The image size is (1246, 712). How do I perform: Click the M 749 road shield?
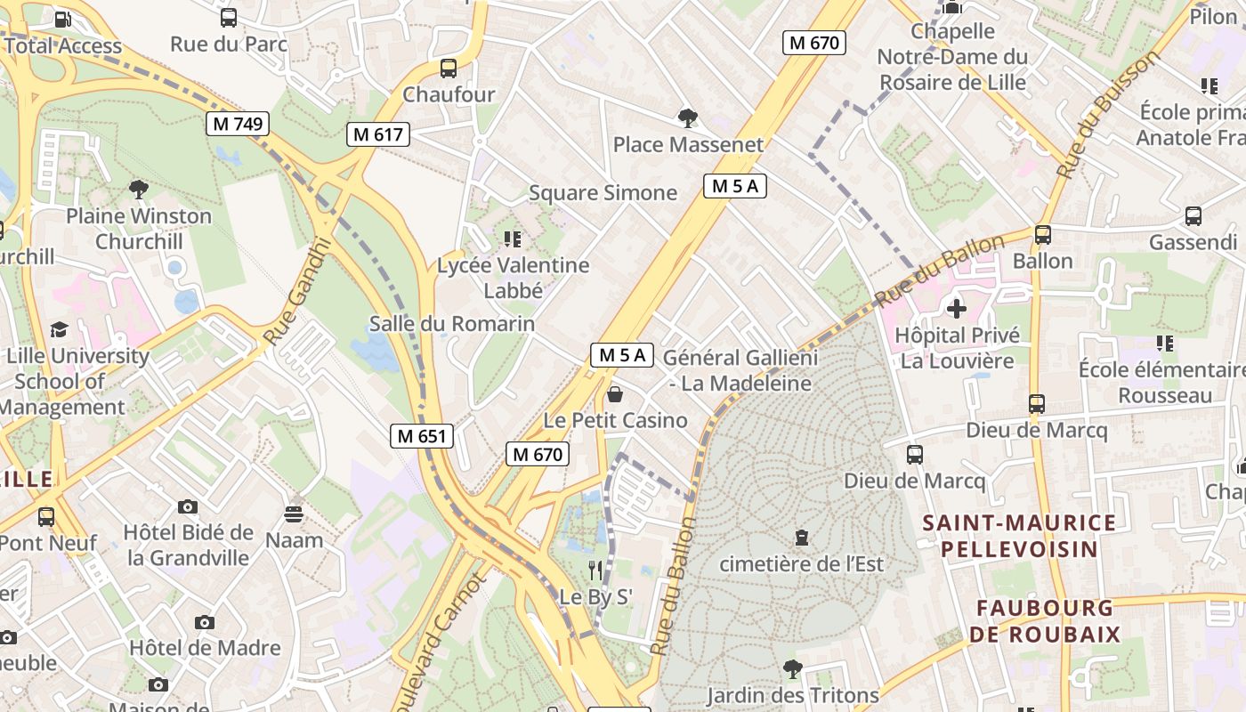tap(238, 124)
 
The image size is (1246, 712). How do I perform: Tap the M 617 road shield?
tap(378, 134)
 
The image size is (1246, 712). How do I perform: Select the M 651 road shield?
tap(422, 436)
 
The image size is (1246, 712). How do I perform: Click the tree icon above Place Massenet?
tap(687, 117)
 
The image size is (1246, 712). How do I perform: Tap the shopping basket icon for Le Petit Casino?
tap(615, 394)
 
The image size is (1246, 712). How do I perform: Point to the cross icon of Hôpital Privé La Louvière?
tap(957, 309)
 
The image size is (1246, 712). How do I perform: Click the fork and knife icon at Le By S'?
tap(595, 570)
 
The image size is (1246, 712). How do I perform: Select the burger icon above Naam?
tap(294, 514)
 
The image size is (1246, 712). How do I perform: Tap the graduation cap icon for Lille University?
tap(59, 329)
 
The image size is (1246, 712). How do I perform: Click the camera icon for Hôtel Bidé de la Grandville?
tap(188, 506)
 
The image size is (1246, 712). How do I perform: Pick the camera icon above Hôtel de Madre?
tap(205, 622)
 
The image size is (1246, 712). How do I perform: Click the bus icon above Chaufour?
tap(449, 68)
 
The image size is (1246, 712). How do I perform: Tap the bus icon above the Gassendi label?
tap(1193, 215)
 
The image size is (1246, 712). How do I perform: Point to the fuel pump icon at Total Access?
tap(63, 19)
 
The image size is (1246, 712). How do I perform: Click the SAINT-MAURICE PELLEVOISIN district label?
tap(1019, 536)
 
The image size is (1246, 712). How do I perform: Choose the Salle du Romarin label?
tap(452, 323)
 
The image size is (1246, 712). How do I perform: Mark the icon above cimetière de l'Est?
tap(802, 538)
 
